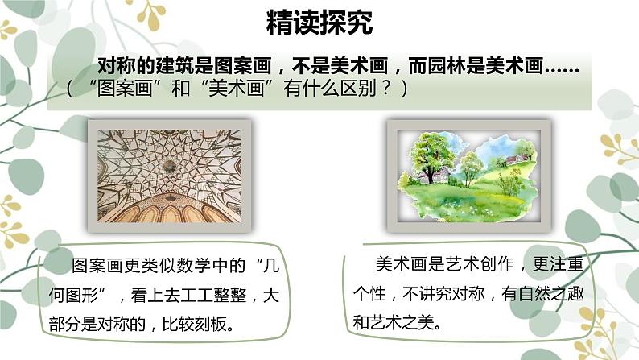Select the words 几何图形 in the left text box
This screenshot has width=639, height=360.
pos(108,285)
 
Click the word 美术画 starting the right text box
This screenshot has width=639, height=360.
pos(396,263)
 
